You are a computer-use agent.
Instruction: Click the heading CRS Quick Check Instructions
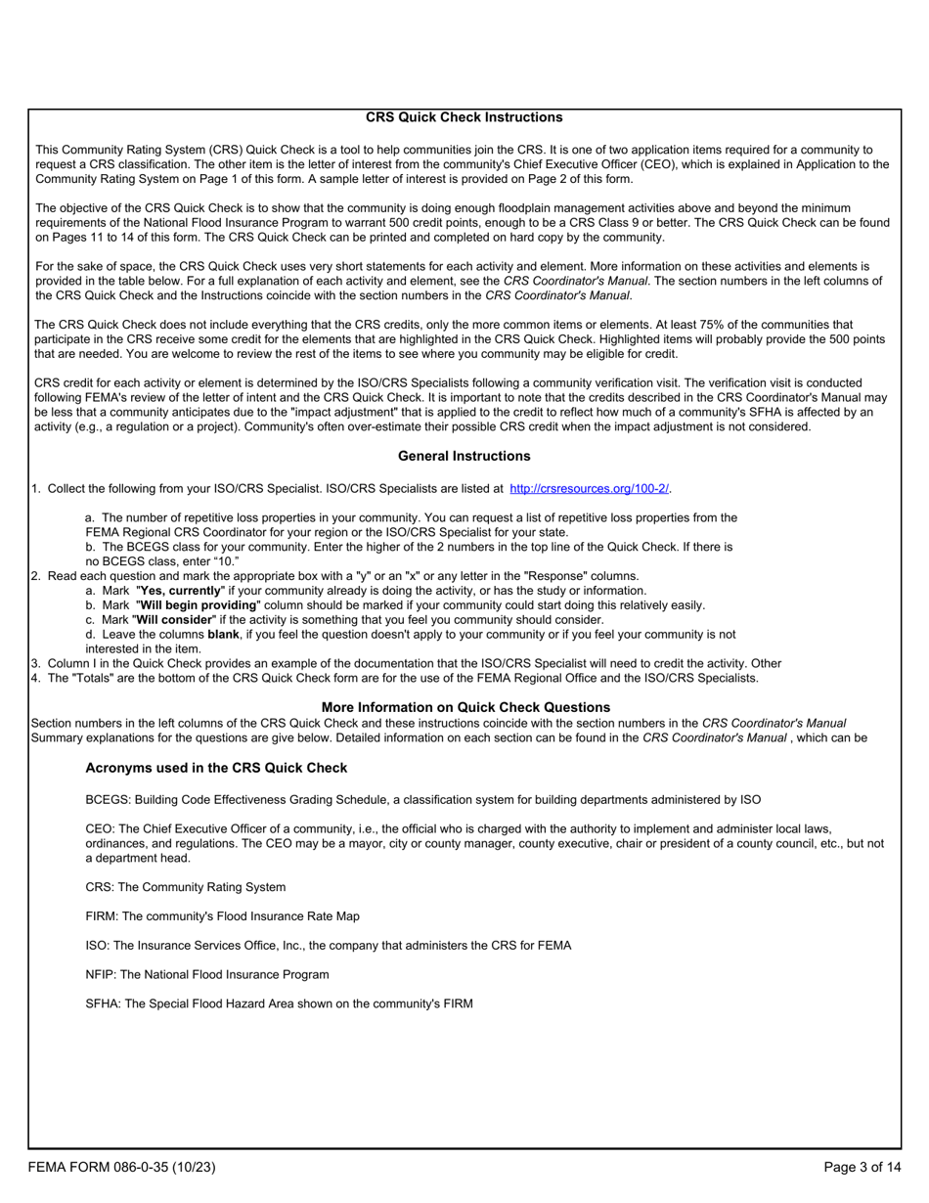pos(464,117)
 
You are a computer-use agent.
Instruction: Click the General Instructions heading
pos(464,456)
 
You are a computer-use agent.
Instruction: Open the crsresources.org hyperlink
pos(590,489)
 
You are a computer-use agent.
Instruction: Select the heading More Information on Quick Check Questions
pos(465,707)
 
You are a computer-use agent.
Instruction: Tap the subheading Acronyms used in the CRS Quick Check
pos(216,768)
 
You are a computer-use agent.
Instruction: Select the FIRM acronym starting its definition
pos(101,916)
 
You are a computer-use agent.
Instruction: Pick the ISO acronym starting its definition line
pos(97,946)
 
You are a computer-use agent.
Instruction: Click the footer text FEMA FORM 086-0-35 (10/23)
pos(121,1167)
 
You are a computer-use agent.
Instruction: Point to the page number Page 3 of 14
pos(862,1167)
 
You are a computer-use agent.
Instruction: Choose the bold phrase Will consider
pos(172,620)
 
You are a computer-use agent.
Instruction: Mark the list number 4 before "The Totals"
pos(35,678)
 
